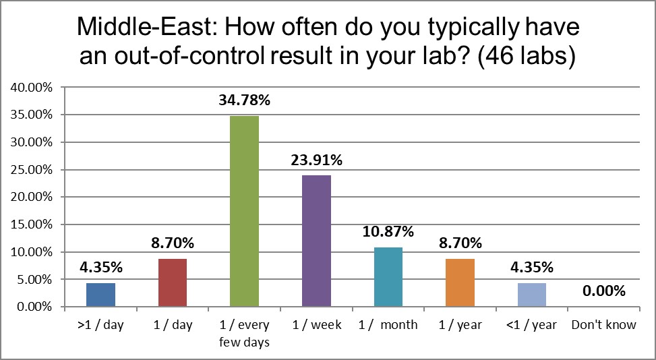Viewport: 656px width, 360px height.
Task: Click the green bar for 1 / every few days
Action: coord(244,211)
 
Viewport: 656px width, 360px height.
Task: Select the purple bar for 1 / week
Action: coord(316,241)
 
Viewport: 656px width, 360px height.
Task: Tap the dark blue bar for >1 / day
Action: coord(101,295)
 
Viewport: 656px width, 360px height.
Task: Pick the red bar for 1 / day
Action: coord(173,282)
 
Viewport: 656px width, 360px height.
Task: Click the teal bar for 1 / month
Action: coord(388,277)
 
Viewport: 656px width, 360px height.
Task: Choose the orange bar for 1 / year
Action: coord(460,282)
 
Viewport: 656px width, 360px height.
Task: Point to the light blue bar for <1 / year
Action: coord(532,295)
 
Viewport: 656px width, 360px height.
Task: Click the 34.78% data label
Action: coord(244,100)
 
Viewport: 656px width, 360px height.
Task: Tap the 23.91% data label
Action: coord(317,160)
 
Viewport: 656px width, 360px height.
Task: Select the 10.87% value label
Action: coord(388,232)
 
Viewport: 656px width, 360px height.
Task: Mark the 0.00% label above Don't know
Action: coord(603,291)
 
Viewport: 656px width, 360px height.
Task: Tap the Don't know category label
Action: coord(603,325)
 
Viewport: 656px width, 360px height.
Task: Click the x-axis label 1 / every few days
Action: coord(244,333)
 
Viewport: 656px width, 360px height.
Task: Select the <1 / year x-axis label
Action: coord(531,325)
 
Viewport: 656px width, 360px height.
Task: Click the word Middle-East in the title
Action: coord(142,28)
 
